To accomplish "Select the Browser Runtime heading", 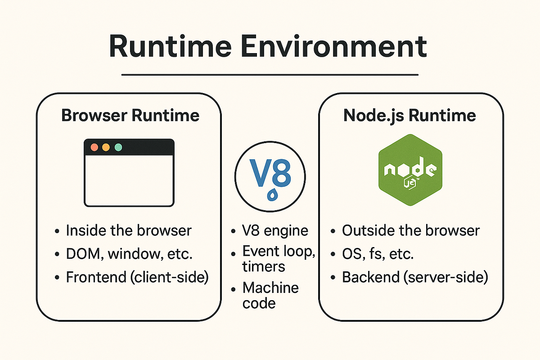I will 130,115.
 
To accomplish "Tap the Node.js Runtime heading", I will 409,115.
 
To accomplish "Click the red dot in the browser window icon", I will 94,147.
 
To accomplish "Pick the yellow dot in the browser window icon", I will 106,147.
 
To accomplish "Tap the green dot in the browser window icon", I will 118,147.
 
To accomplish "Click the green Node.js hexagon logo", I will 409,171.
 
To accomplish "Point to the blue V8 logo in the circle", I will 270,175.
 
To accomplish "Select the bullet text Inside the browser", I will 129,230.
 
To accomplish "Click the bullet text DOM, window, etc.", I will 129,254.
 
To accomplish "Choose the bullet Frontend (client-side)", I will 137,277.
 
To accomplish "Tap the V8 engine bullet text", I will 275,230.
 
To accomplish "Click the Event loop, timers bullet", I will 278,258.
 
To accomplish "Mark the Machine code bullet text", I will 270,295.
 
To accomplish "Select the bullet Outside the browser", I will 411,230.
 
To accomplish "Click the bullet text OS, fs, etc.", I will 378,254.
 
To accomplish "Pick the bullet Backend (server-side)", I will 415,277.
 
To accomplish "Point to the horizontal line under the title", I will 270,75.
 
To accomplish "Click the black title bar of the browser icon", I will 144,147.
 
